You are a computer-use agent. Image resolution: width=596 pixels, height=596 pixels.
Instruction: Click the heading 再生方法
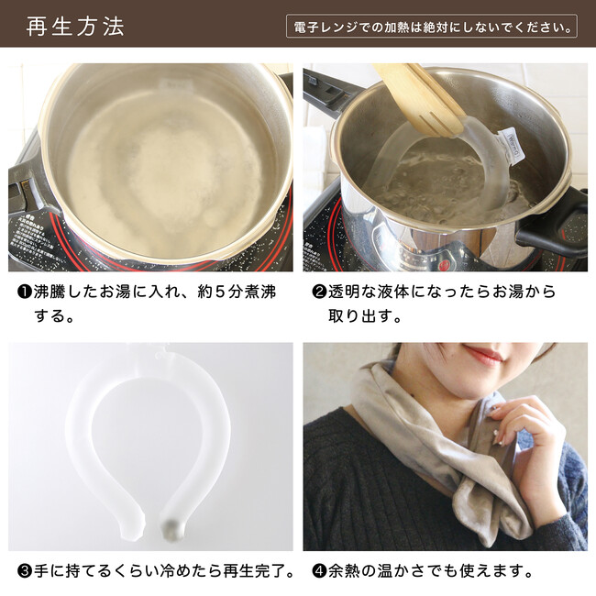tap(75, 27)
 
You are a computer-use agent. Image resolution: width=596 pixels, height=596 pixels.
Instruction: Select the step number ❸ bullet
tap(25, 571)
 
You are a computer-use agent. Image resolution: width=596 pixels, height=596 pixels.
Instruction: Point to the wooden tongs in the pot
tap(418, 97)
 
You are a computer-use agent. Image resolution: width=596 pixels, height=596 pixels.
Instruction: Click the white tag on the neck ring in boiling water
tap(513, 147)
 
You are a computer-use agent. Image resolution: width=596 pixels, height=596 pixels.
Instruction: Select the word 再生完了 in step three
tap(259, 571)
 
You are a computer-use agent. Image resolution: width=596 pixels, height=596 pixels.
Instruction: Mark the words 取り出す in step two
tap(360, 316)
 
